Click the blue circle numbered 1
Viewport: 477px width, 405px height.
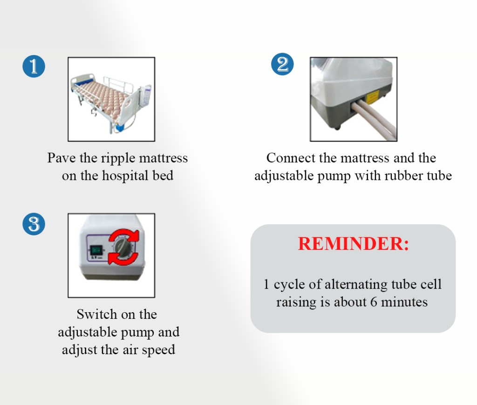34,66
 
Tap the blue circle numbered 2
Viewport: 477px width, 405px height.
282,64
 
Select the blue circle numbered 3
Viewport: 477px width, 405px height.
34,224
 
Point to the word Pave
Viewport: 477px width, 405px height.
61,158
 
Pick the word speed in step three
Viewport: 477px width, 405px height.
158,350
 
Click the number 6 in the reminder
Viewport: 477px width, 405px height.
374,302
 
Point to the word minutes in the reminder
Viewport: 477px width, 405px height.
404,302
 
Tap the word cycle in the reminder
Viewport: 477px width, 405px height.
289,285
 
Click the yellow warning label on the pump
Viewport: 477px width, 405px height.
372,97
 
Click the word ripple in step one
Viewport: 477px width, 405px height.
118,158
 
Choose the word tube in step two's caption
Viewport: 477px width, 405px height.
440,176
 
